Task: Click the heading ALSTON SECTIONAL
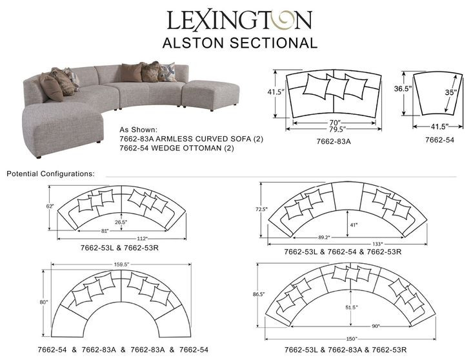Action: click(x=239, y=43)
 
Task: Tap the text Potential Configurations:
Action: click(x=50, y=174)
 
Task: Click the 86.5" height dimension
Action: click(x=259, y=294)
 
